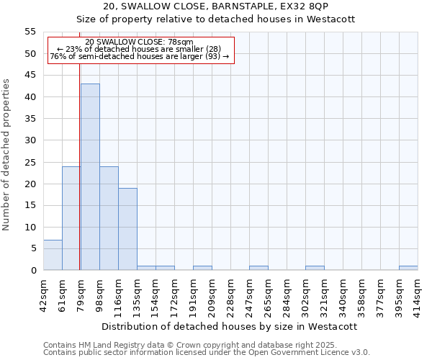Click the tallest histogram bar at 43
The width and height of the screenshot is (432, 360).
click(90, 177)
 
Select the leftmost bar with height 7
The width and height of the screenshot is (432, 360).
click(53, 255)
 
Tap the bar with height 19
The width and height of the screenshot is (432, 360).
click(127, 229)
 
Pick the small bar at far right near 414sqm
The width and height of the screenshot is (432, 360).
click(408, 268)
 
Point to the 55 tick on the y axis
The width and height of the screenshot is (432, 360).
click(31, 32)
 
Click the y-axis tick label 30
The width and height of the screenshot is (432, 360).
click(31, 140)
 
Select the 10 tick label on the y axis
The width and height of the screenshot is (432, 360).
click(31, 227)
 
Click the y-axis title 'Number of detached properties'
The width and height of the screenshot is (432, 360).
click(7, 155)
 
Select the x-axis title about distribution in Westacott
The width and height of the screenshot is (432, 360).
click(230, 326)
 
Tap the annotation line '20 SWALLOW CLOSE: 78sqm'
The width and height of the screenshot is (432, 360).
click(139, 42)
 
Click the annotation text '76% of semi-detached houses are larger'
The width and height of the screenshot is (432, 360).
click(139, 56)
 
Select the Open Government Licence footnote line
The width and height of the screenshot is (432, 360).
click(207, 353)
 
